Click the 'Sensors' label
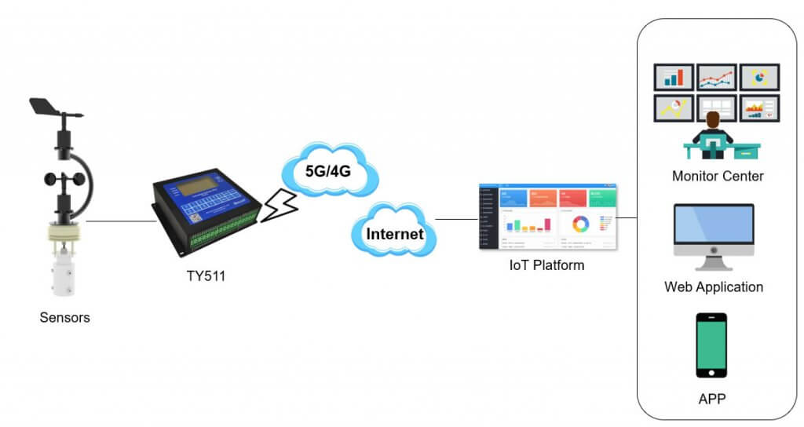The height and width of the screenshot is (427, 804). point(64,318)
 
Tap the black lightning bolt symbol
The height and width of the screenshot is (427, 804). point(280,206)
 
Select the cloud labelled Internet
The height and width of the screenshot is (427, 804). point(394,233)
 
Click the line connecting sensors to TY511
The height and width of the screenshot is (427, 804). point(122,221)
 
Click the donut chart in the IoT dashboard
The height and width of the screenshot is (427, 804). point(580,224)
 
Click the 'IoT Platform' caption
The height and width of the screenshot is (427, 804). point(546,265)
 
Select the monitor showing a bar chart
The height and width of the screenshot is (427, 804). point(674,77)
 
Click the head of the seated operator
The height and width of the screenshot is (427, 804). point(713,119)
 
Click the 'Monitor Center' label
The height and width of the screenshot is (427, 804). point(717,176)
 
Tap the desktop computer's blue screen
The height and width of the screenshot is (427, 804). point(713,228)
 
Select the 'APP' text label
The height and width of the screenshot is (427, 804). point(712,399)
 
